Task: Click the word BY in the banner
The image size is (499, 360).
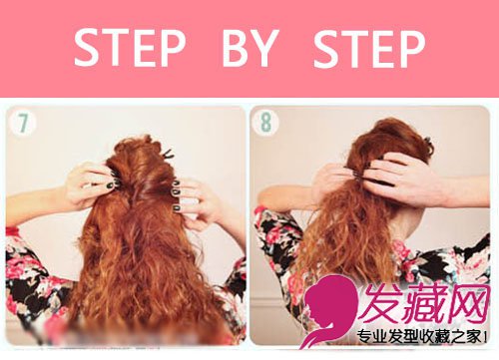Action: click(x=250, y=48)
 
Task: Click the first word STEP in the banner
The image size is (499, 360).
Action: click(x=130, y=48)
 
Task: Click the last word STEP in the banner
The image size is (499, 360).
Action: click(x=369, y=49)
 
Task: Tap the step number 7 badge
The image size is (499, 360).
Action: click(x=23, y=123)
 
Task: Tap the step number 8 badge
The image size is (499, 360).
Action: click(x=265, y=123)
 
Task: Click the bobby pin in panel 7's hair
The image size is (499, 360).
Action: click(x=168, y=154)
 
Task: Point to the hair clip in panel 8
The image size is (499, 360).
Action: click(x=428, y=141)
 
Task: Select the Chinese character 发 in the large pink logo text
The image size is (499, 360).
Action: click(x=382, y=304)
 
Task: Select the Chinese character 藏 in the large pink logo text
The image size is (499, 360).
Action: click(x=426, y=304)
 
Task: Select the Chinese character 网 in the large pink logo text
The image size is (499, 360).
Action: click(x=468, y=304)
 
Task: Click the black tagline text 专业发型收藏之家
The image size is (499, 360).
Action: click(x=420, y=337)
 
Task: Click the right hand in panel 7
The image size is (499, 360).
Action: click(x=197, y=202)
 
